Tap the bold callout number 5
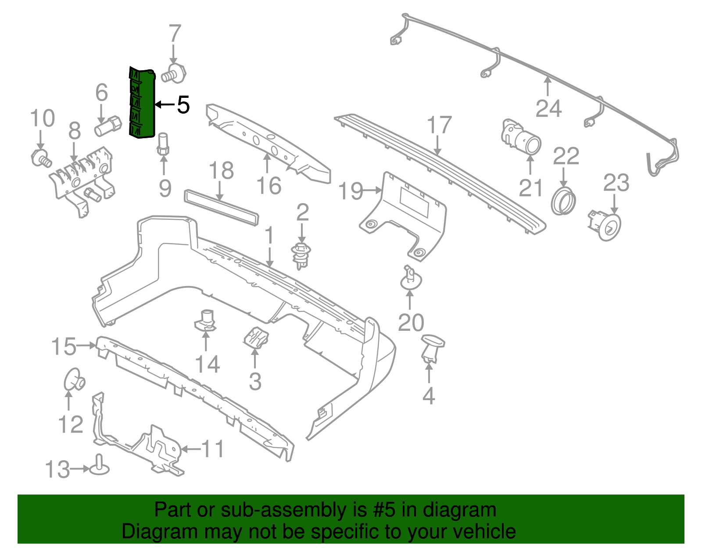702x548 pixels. point(183,105)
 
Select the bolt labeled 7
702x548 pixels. point(174,73)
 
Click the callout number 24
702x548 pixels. point(548,108)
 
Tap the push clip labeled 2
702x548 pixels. point(301,254)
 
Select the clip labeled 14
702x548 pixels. point(205,320)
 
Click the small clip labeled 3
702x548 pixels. point(255,338)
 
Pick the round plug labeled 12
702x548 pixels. point(73,379)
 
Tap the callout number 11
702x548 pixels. point(213,449)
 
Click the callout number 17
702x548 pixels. point(439,125)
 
